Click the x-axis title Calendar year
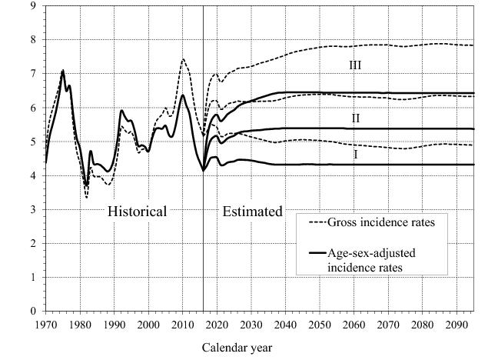point(237,347)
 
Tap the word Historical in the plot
point(137,211)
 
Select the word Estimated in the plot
point(252,211)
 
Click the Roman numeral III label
point(354,67)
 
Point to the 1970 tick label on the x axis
point(46,324)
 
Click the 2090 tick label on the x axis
point(456,324)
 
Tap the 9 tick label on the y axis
point(33,6)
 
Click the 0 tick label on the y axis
point(33,312)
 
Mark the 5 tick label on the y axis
point(33,142)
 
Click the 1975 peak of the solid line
point(63,71)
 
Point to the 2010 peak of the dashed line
point(183,59)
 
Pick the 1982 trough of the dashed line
point(87,198)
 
